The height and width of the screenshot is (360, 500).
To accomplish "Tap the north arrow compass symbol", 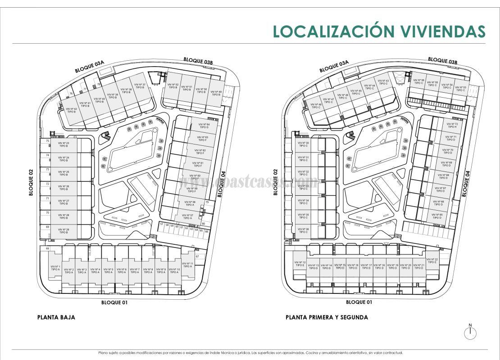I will (x=470, y=333).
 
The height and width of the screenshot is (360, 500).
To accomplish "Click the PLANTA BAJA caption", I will (x=56, y=317).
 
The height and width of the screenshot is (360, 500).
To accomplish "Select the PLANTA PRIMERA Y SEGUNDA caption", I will (x=327, y=317).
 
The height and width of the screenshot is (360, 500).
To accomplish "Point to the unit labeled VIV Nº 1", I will (x=55, y=268).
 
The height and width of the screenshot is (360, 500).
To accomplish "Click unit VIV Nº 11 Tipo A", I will (x=188, y=265).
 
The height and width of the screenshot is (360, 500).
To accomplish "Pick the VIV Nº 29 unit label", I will (x=64, y=231).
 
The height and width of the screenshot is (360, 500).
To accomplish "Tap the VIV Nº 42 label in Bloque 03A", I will (x=72, y=110).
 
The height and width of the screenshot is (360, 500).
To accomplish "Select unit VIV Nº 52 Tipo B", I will (x=173, y=86).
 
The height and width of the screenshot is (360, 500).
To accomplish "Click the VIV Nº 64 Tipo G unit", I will (x=204, y=126).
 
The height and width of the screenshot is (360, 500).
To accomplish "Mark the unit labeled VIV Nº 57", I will (x=188, y=216).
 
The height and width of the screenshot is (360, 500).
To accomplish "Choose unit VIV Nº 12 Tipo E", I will (x=300, y=264).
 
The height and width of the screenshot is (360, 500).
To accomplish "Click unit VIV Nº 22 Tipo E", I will (x=432, y=261).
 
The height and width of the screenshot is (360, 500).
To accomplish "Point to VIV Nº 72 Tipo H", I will (x=452, y=125).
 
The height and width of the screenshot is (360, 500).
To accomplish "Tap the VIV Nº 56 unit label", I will (x=419, y=81).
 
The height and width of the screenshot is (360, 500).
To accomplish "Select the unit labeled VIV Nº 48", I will (x=316, y=106).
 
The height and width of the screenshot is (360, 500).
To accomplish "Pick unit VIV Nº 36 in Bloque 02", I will (x=304, y=230).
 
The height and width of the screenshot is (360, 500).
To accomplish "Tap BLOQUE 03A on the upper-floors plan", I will (x=334, y=67).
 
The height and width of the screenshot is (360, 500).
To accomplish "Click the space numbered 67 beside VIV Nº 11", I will (x=197, y=256).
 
